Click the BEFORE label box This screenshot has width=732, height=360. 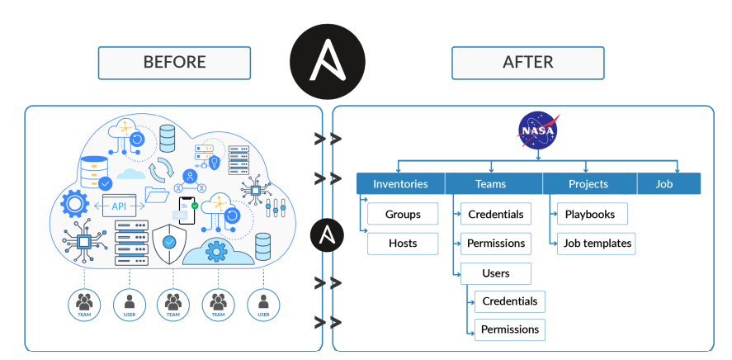click(174, 63)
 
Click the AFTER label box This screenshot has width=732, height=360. click(527, 63)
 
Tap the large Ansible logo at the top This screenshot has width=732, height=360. click(327, 63)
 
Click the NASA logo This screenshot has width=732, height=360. click(537, 130)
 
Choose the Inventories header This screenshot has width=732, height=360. click(400, 184)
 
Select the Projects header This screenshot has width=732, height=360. click(588, 184)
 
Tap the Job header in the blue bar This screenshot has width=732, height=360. click(665, 184)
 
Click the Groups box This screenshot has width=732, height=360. click(403, 214)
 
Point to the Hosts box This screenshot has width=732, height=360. click(403, 243)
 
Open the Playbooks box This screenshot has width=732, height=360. click(590, 214)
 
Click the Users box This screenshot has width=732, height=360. click(496, 272)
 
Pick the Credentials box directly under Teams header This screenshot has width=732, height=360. click(496, 214)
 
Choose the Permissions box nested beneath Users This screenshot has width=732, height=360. click(510, 329)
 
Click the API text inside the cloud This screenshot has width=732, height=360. click(120, 206)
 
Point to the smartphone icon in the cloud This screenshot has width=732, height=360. click(187, 209)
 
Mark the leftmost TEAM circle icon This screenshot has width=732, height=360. click(83, 304)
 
